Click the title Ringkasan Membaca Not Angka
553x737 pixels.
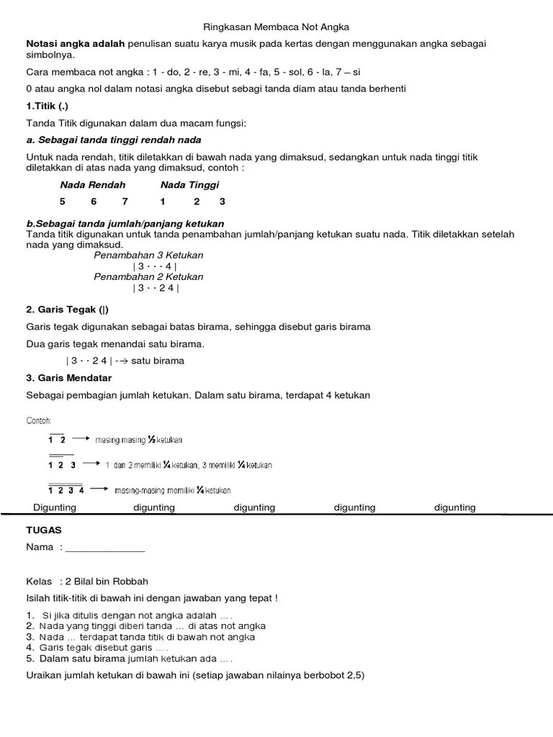pyautogui.click(x=277, y=27)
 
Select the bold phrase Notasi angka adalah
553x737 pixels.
pyautogui.click(x=76, y=44)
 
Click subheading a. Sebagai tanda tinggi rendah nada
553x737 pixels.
pyautogui.click(x=113, y=140)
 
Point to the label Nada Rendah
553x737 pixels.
pyautogui.click(x=92, y=185)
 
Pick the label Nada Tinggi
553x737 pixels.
pyautogui.click(x=189, y=185)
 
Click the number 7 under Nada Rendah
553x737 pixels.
pyautogui.click(x=125, y=202)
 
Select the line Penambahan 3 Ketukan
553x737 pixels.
pyautogui.click(x=148, y=256)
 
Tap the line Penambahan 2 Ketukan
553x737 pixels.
pyautogui.click(x=148, y=277)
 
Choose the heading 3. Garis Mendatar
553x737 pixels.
pyautogui.click(x=68, y=378)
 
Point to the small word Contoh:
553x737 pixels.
pyautogui.click(x=39, y=420)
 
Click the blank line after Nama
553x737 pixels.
pyautogui.click(x=105, y=548)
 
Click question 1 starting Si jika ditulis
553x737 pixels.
pyautogui.click(x=137, y=615)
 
